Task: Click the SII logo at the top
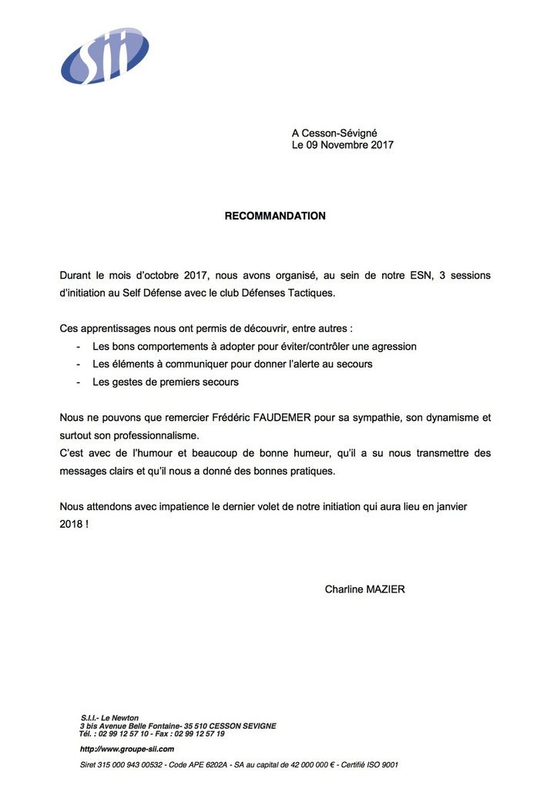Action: point(105,55)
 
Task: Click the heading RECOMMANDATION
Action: point(275,217)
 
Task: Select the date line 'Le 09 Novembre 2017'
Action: point(342,145)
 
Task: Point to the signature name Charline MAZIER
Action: point(364,589)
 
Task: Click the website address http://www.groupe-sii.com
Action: point(127,749)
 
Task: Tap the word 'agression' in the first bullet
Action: point(393,347)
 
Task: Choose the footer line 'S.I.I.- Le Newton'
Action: point(109,718)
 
